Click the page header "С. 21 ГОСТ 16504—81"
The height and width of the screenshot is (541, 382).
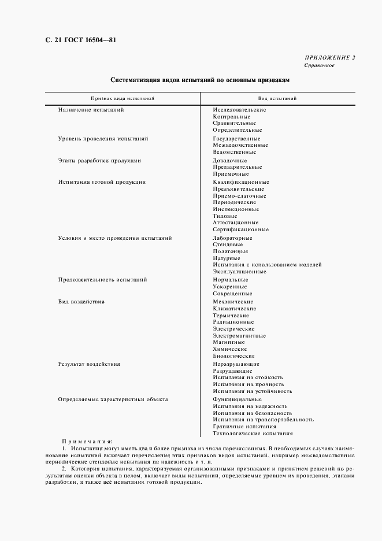point(68,40)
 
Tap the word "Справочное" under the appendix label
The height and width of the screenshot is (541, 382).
point(320,65)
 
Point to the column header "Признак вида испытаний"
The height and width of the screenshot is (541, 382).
point(122,99)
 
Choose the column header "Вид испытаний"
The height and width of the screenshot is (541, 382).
point(277,99)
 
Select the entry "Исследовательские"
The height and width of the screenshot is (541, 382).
point(239,109)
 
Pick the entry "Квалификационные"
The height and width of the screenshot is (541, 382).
point(240,182)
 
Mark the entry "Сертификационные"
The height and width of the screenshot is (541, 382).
point(240,229)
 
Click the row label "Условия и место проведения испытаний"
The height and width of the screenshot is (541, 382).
point(114,238)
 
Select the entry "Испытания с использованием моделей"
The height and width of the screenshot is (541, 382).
point(267,265)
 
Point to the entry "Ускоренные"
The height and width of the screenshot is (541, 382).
point(229,287)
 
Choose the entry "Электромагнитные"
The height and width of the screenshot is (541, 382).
point(239,335)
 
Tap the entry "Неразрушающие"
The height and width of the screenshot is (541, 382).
point(236,364)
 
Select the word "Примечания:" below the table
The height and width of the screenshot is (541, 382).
point(87,441)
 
